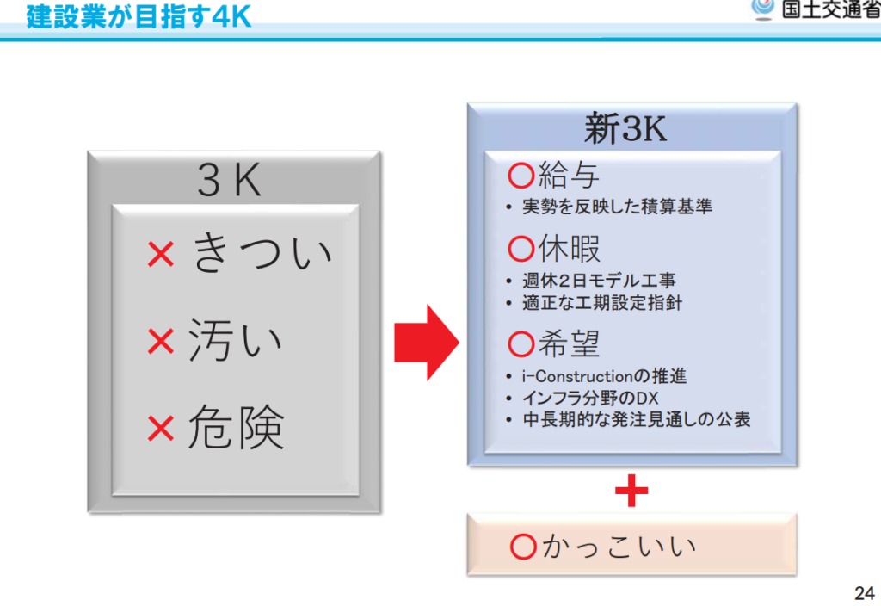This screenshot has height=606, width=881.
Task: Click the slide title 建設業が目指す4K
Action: [139, 16]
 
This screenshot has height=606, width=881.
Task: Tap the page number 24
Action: [864, 593]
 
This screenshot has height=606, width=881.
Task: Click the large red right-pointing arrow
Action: [427, 343]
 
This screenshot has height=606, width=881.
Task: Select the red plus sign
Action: [631, 491]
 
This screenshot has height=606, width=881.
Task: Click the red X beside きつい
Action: [161, 254]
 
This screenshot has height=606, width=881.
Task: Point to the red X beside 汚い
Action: [161, 341]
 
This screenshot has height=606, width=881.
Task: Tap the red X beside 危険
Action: [161, 429]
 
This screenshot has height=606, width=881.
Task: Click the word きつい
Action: [262, 252]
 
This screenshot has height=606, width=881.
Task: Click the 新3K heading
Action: [625, 128]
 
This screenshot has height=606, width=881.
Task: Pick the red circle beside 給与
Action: [521, 176]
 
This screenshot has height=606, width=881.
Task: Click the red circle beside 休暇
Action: [521, 249]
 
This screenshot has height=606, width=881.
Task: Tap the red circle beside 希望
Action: [521, 344]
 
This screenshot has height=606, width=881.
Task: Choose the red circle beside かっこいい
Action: [523, 547]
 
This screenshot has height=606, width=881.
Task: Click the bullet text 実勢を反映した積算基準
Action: [617, 207]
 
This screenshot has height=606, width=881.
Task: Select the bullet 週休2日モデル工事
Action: [599, 280]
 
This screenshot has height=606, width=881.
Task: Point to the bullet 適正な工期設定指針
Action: [601, 303]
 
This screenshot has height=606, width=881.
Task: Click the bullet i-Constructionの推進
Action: [604, 376]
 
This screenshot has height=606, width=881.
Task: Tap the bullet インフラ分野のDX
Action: [590, 398]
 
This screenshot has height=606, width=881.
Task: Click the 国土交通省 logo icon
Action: [762, 9]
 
